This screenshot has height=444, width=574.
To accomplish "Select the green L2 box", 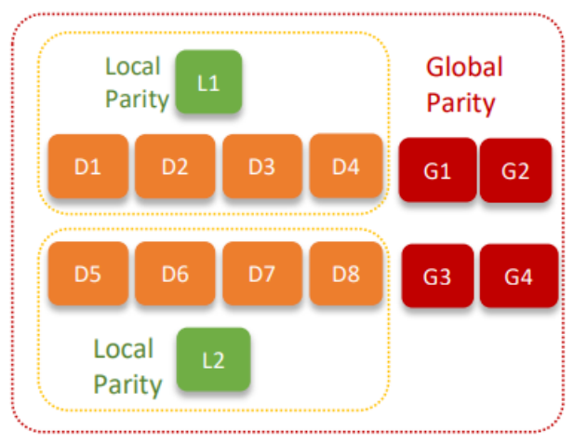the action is pos(214,359).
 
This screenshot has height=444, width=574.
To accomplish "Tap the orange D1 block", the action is pos(87,167).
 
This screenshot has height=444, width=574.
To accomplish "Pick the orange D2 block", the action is pos(175,167).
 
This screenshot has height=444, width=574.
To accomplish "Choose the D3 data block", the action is pos(261,167).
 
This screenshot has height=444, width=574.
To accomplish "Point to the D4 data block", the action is pos(346,167).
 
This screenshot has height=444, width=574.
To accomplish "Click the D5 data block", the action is pos(87,274).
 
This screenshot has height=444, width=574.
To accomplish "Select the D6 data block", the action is pos(175,274).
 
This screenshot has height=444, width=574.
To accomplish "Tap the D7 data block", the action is pos(261,274).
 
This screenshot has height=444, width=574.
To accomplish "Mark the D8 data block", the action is pos(346,274).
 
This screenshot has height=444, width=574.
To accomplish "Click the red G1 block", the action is pos(437,170).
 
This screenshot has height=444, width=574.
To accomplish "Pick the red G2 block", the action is pos(515,170).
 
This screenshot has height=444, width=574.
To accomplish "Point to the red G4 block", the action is pos(518,276).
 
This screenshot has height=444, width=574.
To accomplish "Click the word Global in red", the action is pos(464,67).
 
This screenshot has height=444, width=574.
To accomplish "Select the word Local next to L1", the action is pos(133,66).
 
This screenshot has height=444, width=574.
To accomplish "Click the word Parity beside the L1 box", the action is pos(137,100).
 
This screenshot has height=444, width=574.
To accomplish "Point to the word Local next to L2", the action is pos(123,349).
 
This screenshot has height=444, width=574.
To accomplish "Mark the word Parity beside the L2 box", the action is pos(127,383).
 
